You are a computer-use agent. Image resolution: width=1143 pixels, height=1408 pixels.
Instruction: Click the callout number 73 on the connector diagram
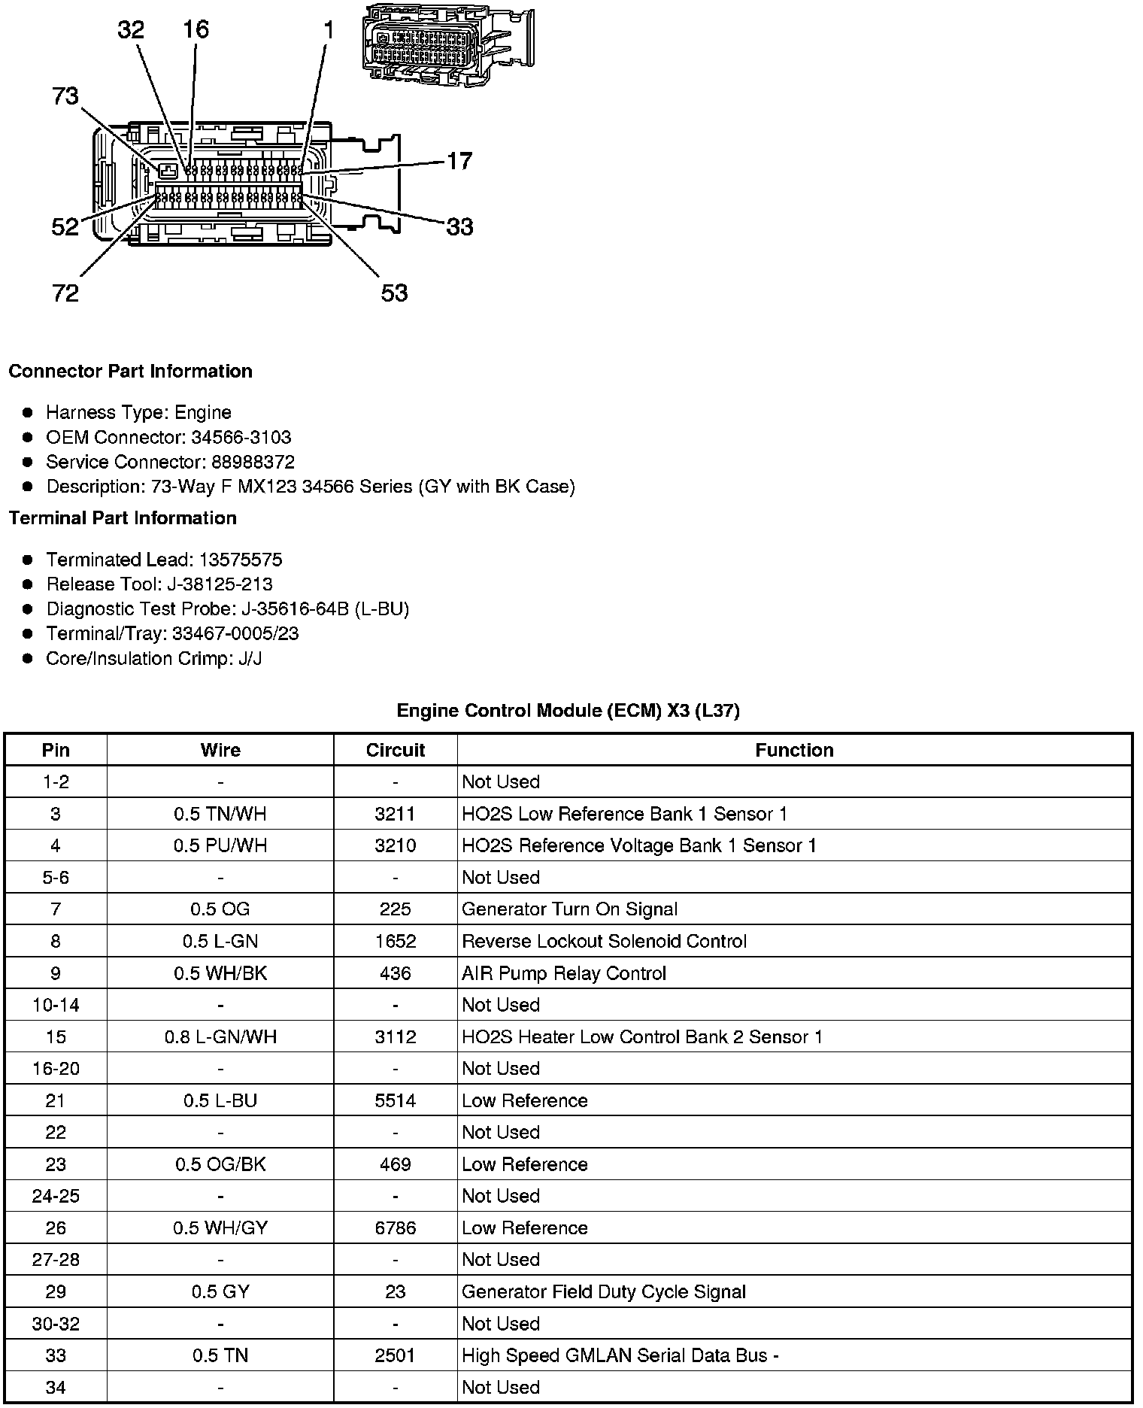click(x=65, y=96)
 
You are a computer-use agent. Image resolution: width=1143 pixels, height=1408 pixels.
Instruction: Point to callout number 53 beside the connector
click(x=394, y=293)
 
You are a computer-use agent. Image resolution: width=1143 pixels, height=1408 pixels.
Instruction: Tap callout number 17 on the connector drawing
click(x=459, y=161)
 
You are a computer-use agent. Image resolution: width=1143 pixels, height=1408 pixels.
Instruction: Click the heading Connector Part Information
click(x=130, y=372)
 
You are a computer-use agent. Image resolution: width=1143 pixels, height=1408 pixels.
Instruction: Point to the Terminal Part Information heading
click(x=123, y=518)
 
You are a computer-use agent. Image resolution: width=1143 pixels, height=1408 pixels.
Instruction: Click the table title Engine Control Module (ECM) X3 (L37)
click(x=568, y=711)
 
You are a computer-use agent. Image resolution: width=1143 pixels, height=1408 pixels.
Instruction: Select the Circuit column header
click(x=396, y=751)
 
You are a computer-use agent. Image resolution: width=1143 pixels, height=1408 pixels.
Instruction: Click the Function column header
click(x=794, y=751)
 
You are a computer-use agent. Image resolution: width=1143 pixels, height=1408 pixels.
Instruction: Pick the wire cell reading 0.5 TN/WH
click(x=220, y=814)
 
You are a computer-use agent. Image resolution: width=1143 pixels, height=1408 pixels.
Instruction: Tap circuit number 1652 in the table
click(x=396, y=942)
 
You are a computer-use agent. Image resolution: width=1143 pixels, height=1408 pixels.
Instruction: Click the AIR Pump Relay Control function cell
click(x=564, y=973)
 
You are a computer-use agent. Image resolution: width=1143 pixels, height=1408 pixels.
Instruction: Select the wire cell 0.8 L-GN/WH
click(x=220, y=1037)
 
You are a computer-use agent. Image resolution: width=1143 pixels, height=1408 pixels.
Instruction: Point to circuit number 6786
click(x=396, y=1228)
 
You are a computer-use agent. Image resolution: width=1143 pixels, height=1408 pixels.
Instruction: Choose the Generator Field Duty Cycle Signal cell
click(x=604, y=1292)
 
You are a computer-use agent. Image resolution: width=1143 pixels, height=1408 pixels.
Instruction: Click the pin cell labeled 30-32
click(x=56, y=1324)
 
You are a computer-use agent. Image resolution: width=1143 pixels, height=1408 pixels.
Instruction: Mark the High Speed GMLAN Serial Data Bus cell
click(x=620, y=1355)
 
